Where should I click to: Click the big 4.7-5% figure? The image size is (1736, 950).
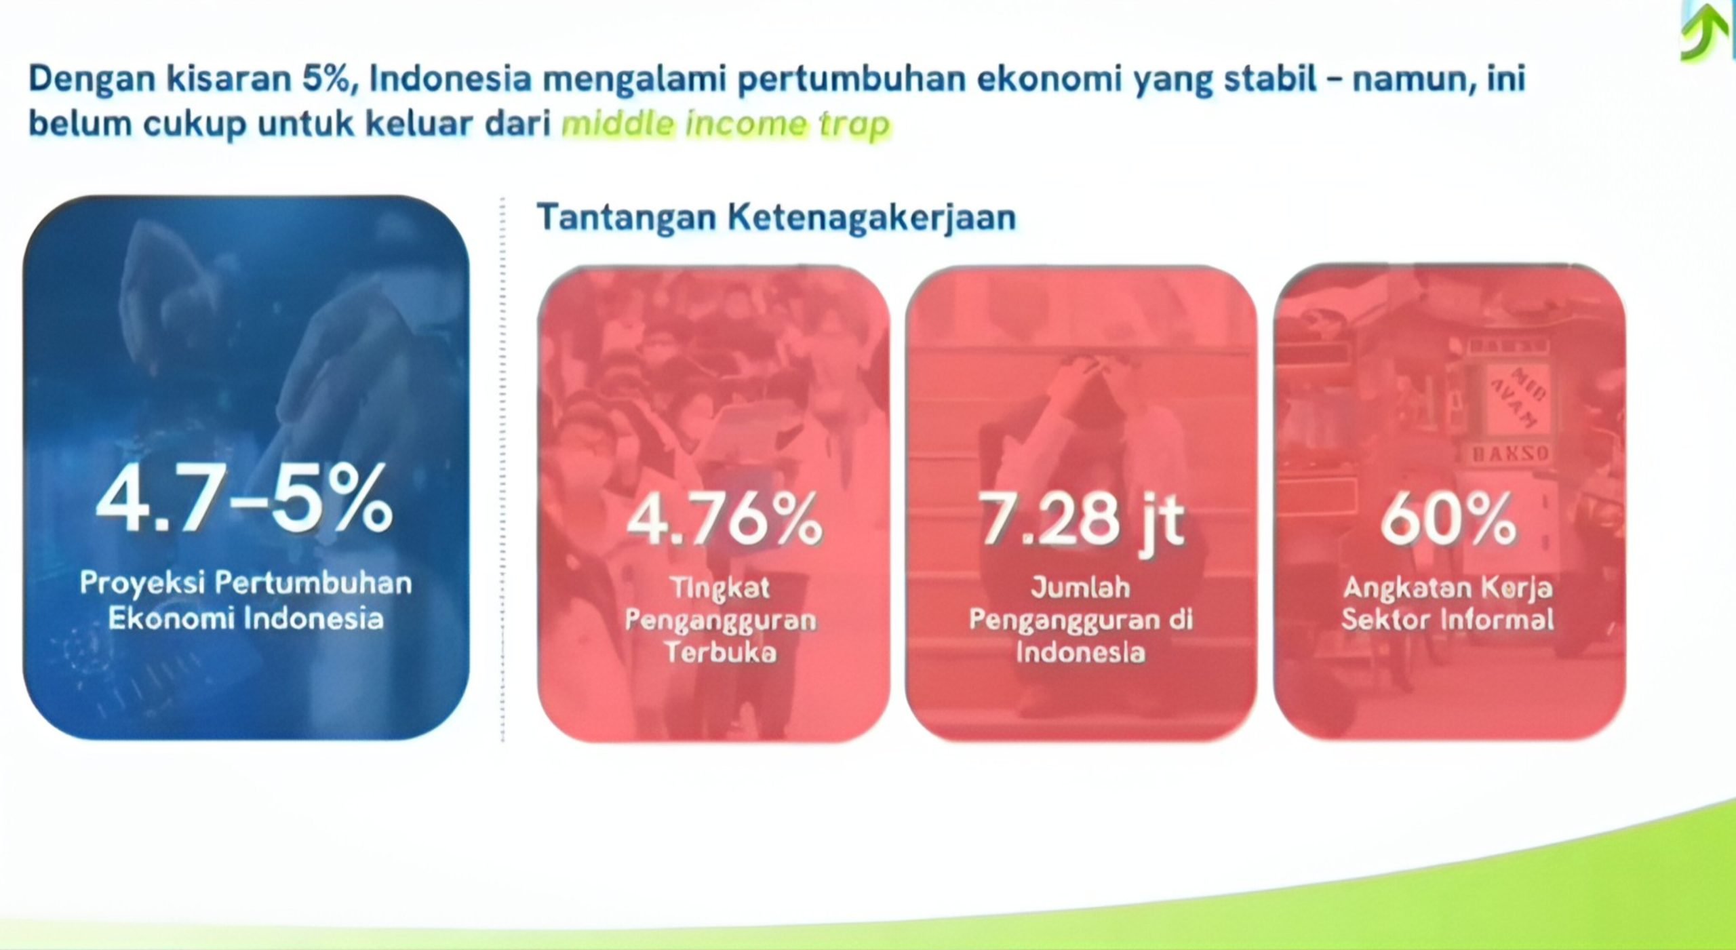coord(244,500)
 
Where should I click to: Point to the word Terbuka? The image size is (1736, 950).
coord(720,652)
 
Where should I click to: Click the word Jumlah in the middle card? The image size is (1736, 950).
coord(1081,587)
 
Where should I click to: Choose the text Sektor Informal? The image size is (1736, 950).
coord(1448,619)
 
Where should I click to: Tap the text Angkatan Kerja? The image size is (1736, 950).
coord(1448,588)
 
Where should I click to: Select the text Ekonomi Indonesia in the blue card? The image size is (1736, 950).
coord(245,618)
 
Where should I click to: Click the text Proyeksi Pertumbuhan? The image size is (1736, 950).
coord(245,584)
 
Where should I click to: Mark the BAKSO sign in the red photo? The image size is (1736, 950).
coord(1510,453)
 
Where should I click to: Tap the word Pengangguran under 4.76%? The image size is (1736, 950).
coord(720,620)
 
